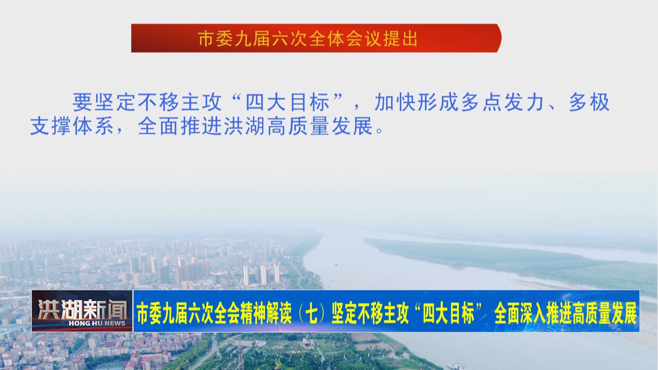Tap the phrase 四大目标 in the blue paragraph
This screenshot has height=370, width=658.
288,102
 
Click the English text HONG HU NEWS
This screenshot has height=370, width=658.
97,323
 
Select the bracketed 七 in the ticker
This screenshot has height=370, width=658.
311,313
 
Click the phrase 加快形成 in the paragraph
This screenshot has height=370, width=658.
416,102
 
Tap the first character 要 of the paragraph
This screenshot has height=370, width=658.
82,102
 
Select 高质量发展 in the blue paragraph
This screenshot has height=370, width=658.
320,126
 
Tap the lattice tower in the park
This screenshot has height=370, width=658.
240,356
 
